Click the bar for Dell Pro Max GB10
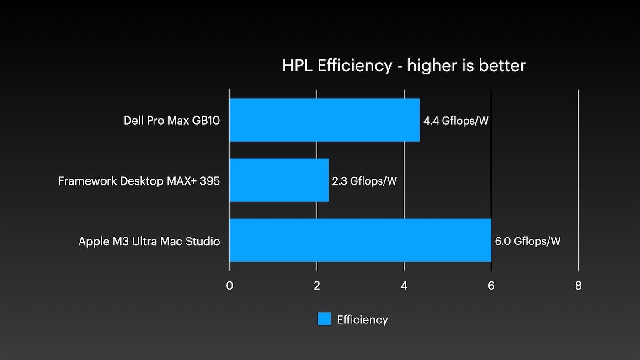[325, 120]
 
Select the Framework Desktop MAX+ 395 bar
[279, 180]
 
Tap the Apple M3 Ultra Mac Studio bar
[360, 240]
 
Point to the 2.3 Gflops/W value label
[364, 181]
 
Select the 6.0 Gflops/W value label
[528, 241]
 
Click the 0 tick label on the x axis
[229, 286]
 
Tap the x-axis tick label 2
[317, 286]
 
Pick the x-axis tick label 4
[404, 286]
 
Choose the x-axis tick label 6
[491, 286]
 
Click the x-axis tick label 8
[578, 286]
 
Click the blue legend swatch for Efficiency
[324, 319]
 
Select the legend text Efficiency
[362, 319]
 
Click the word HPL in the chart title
[297, 66]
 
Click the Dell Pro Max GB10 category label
[172, 121]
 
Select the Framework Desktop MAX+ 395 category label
[139, 181]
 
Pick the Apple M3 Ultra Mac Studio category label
[149, 241]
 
